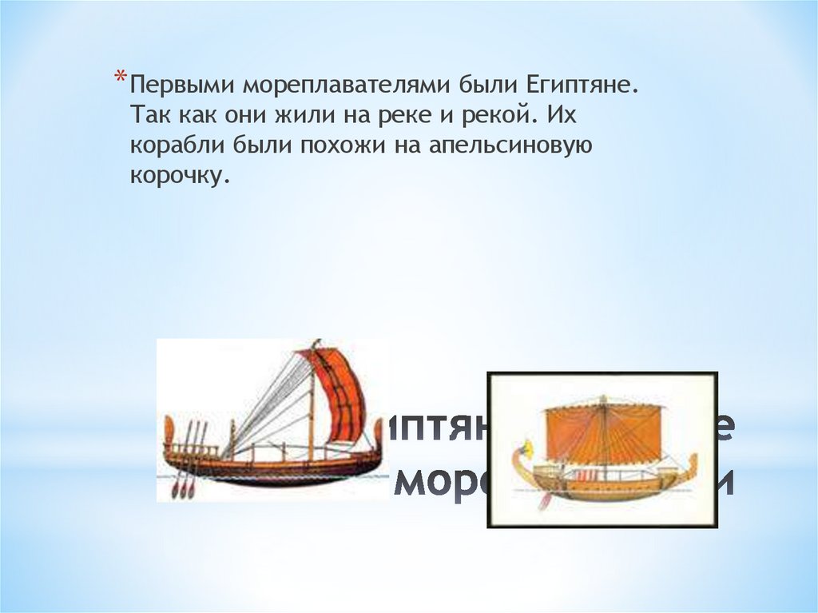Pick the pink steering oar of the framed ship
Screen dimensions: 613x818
click(546, 499)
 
